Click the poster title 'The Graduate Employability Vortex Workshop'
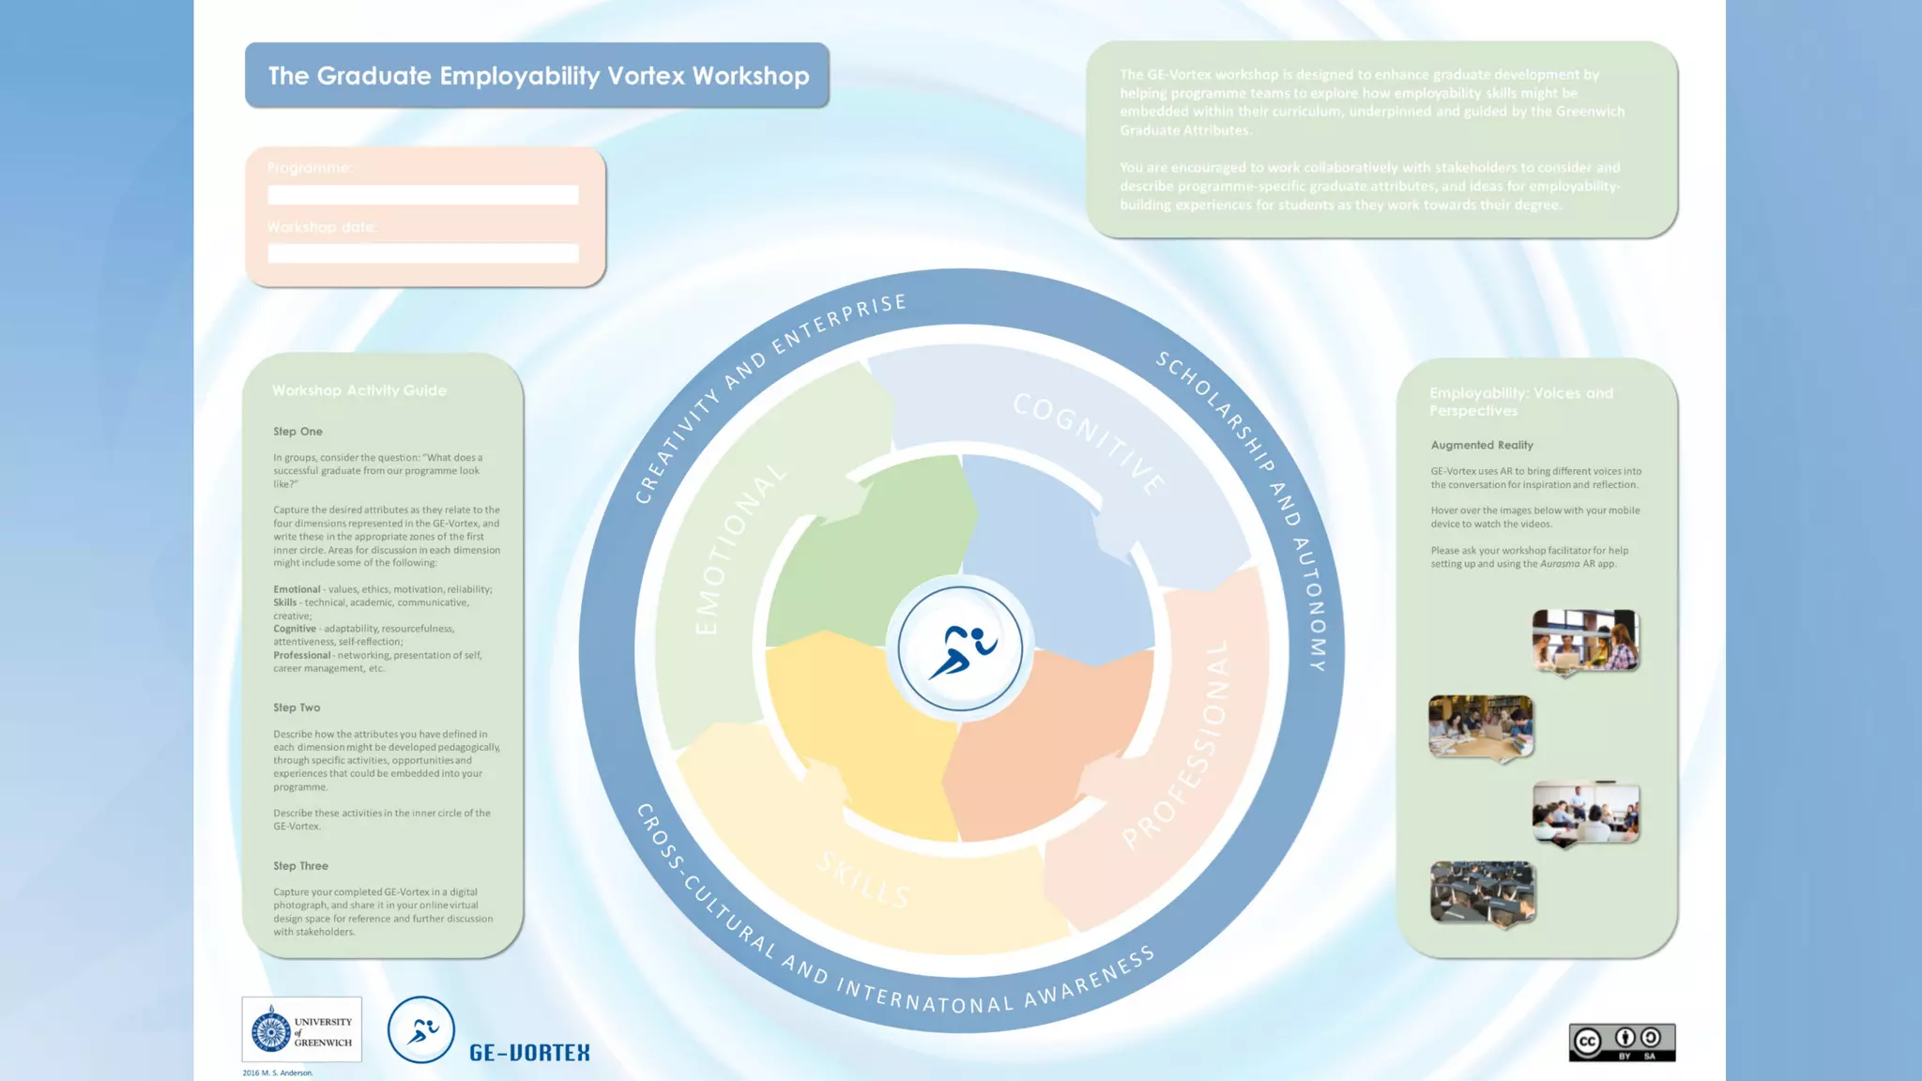538,76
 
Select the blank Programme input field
422,195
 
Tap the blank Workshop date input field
422,253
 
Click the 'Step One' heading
297,432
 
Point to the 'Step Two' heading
297,708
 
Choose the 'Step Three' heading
300,866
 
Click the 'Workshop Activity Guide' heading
359,390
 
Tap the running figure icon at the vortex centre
960,649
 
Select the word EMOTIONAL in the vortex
739,549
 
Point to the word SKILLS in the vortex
863,880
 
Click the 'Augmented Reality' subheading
1482,445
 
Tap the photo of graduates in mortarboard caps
1483,892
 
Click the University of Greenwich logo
301,1029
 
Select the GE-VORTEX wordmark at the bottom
529,1053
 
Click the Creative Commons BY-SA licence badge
1622,1043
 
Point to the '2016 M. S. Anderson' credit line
278,1073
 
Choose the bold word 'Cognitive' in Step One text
295,629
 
